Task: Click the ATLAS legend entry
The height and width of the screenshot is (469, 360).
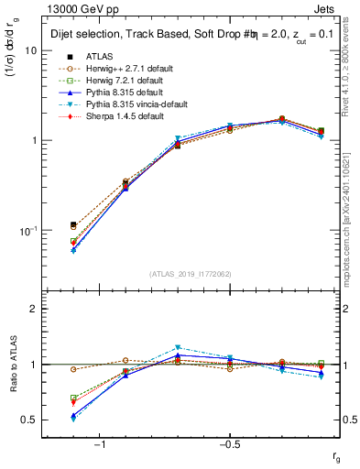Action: click(100, 56)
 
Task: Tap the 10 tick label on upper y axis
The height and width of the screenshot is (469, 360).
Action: click(30, 51)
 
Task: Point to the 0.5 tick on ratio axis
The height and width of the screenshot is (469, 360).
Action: click(28, 420)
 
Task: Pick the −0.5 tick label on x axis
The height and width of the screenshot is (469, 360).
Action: click(228, 444)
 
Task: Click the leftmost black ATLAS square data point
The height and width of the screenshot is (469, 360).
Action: click(73, 224)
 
